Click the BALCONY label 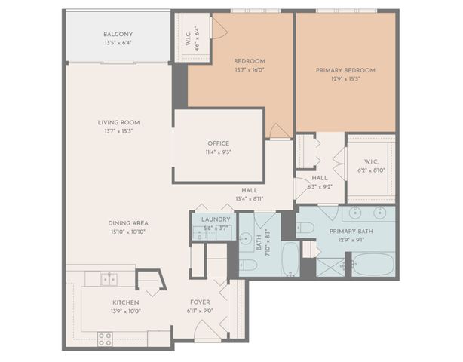[x=118, y=34]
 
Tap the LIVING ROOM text [x=118, y=122]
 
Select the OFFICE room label [x=218, y=143]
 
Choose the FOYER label [x=200, y=302]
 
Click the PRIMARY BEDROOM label [x=345, y=70]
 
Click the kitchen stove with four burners [x=105, y=338]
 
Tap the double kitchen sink [x=109, y=279]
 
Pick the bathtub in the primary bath [x=373, y=265]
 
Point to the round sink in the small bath [x=245, y=239]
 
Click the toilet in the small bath [x=247, y=265]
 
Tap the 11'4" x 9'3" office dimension [x=218, y=152]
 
